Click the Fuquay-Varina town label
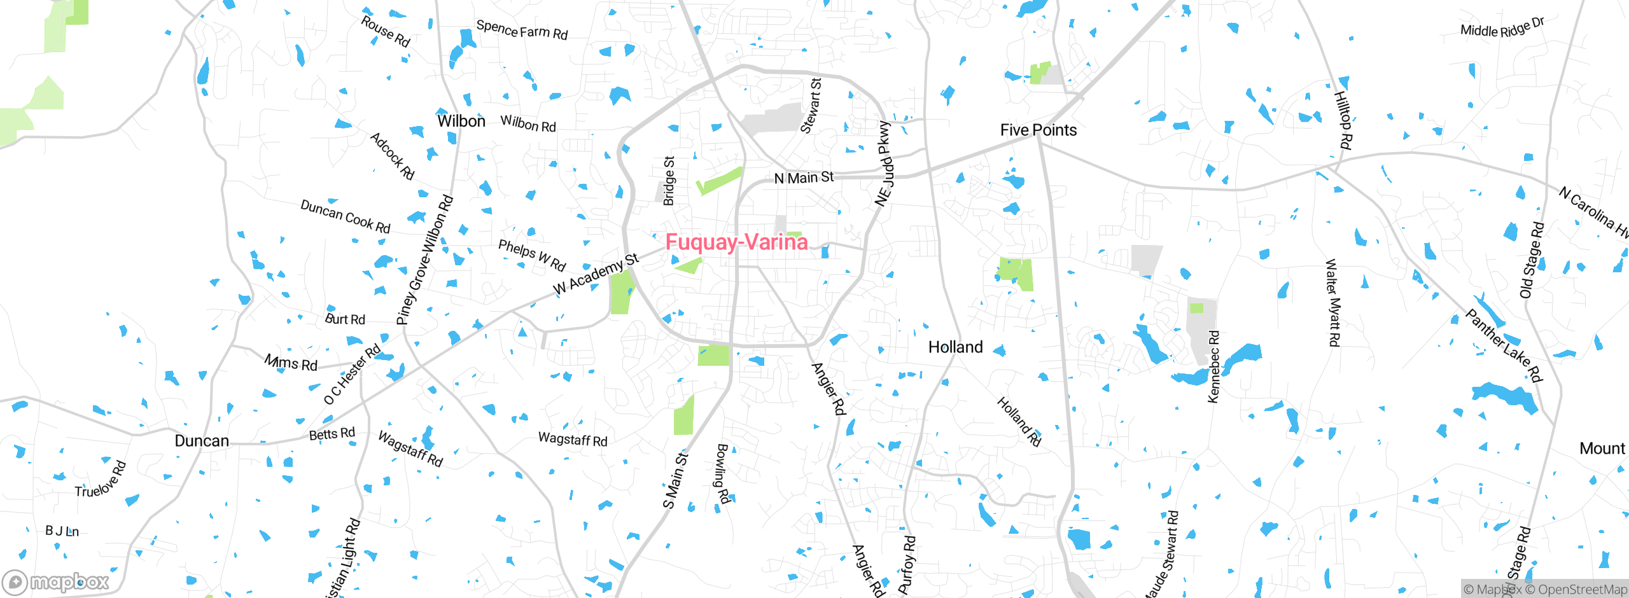[x=736, y=242]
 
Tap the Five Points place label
[x=1038, y=130]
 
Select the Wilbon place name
[x=461, y=121]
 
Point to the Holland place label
[x=955, y=347]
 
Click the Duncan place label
[x=201, y=441]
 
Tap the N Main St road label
[x=804, y=177]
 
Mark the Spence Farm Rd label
[x=522, y=30]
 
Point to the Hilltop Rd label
[x=1343, y=120]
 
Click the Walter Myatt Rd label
[x=1332, y=302]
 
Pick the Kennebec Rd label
[x=1213, y=366]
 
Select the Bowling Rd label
[x=722, y=474]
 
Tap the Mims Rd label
[x=291, y=363]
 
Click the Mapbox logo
[x=56, y=582]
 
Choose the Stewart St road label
[x=811, y=106]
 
